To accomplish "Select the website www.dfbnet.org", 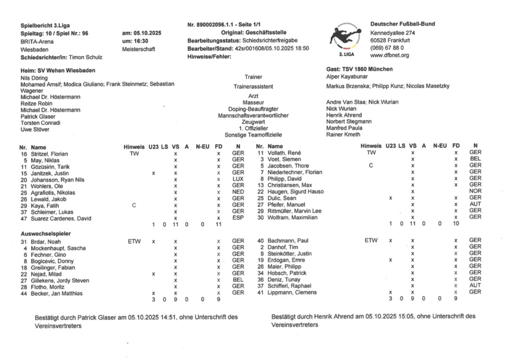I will tap(390, 55).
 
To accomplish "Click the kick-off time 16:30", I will tap(131, 40).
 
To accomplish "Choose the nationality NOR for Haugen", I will tap(474, 191).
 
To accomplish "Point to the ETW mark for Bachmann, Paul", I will tap(370, 241).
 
